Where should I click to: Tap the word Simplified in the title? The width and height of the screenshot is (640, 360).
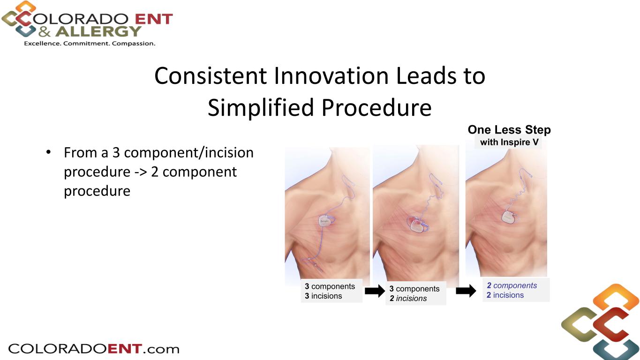click(x=261, y=108)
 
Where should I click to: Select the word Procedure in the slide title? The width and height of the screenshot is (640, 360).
click(x=376, y=108)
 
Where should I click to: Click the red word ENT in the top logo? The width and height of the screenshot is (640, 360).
click(x=154, y=19)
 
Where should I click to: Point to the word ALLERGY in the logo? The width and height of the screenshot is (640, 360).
click(x=98, y=31)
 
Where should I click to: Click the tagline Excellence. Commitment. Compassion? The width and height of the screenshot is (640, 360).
click(x=90, y=44)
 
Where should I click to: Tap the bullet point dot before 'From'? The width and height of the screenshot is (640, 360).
click(x=49, y=152)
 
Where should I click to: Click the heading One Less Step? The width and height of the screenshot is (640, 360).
click(x=509, y=130)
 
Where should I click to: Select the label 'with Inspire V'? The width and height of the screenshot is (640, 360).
click(x=509, y=142)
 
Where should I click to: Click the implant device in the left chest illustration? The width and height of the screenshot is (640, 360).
click(x=327, y=221)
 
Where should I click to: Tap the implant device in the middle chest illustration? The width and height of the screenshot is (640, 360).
click(x=419, y=227)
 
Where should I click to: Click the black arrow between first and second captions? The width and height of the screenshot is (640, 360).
click(x=375, y=291)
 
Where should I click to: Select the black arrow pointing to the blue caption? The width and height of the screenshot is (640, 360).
click(x=466, y=291)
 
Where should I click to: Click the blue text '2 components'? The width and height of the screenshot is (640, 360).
click(x=512, y=285)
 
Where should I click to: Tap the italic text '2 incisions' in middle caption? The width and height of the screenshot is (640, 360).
click(x=408, y=298)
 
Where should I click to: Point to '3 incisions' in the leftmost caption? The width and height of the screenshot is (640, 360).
click(x=323, y=296)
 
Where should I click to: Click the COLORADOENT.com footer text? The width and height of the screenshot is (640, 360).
click(x=94, y=349)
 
